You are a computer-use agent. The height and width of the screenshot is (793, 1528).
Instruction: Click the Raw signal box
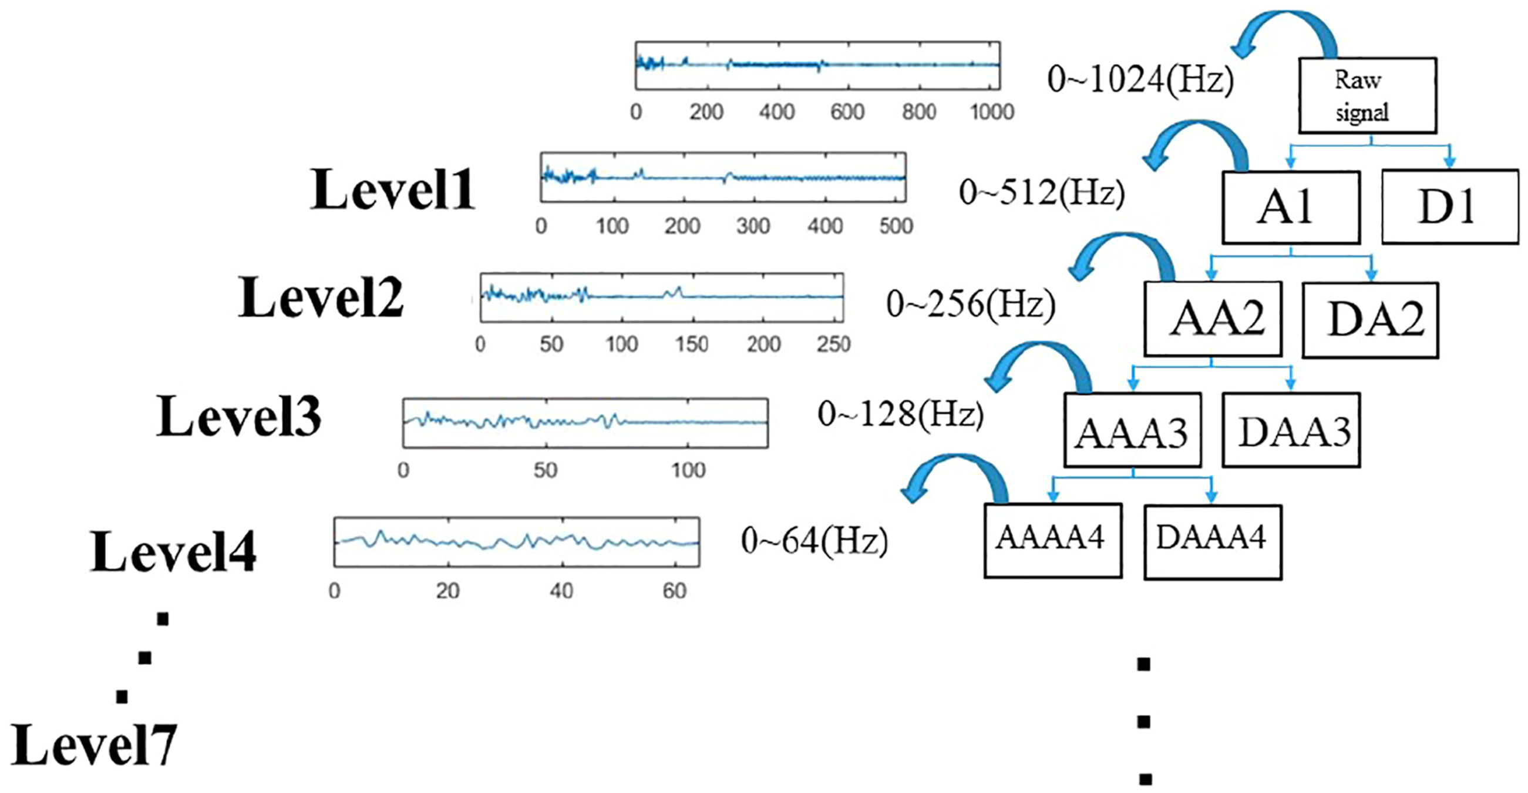tap(1367, 95)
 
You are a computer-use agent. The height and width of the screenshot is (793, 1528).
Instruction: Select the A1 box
tap(1291, 207)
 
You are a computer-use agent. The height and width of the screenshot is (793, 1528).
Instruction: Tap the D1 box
tap(1450, 206)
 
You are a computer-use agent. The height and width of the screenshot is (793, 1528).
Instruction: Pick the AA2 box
tap(1213, 319)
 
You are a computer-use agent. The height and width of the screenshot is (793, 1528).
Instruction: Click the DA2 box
tap(1370, 320)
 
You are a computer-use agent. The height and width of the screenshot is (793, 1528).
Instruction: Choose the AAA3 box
tap(1132, 430)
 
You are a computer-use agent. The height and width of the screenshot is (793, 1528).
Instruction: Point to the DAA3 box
tap(1291, 430)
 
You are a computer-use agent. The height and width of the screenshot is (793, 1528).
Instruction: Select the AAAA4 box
tap(1053, 541)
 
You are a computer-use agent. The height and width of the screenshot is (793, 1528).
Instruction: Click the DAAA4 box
tap(1213, 542)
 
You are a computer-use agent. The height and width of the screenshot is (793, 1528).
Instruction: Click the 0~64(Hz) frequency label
tap(815, 541)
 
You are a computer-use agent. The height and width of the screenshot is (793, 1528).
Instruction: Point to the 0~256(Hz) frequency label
tap(971, 305)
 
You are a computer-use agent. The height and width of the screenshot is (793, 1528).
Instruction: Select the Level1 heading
tap(392, 189)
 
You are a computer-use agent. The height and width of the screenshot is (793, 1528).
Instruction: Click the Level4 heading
tap(173, 551)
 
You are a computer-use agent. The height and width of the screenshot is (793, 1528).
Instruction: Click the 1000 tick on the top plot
tap(992, 112)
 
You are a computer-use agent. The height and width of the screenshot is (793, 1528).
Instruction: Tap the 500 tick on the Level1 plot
tap(896, 226)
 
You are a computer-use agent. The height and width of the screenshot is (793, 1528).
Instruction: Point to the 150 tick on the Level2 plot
tap(692, 344)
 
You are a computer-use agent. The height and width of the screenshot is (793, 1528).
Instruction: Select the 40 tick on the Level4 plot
tap(561, 591)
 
